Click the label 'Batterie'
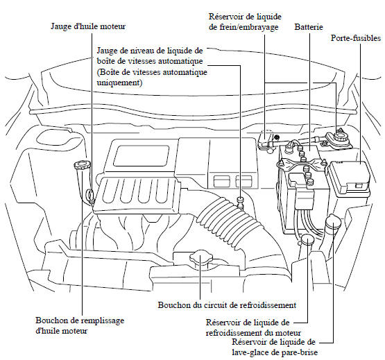click(x=309, y=27)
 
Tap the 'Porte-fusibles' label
click(x=356, y=38)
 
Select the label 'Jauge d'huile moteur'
click(x=88, y=26)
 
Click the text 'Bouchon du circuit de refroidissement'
click(x=227, y=305)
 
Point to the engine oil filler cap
click(x=83, y=164)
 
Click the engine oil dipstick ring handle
click(x=90, y=196)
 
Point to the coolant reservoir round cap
click(x=307, y=239)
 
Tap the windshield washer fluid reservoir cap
click(x=333, y=221)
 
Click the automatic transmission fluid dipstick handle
click(x=240, y=200)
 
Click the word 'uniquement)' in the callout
click(x=119, y=83)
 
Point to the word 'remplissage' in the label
click(x=102, y=320)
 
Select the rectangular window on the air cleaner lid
click(x=142, y=155)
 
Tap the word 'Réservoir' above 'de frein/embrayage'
click(x=224, y=17)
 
